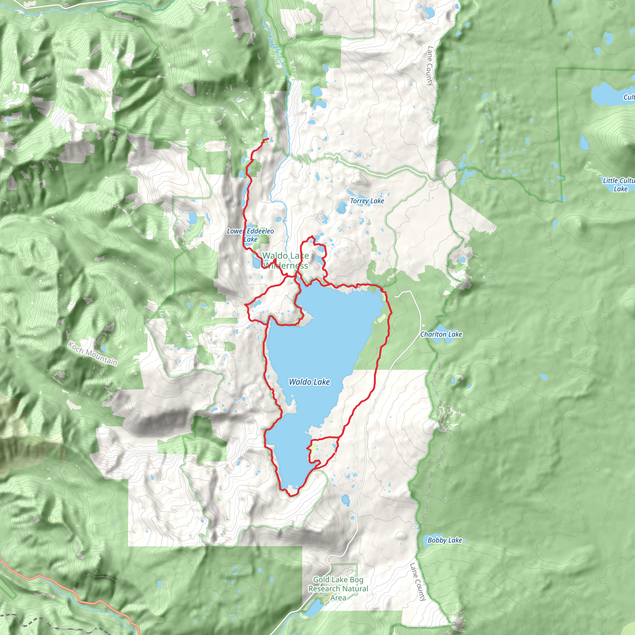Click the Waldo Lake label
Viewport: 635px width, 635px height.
click(x=309, y=382)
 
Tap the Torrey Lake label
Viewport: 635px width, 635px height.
click(x=367, y=201)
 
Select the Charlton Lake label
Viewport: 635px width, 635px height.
click(x=441, y=334)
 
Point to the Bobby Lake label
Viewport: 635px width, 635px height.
click(x=444, y=540)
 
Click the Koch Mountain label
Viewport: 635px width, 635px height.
click(x=92, y=353)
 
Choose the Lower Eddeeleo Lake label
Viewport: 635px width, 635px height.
click(x=251, y=235)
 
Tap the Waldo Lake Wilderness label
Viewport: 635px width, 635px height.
click(x=285, y=260)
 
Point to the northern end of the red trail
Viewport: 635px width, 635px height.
click(x=268, y=139)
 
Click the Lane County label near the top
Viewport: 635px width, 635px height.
click(x=430, y=66)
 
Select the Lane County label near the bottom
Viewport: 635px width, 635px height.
click(x=418, y=581)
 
